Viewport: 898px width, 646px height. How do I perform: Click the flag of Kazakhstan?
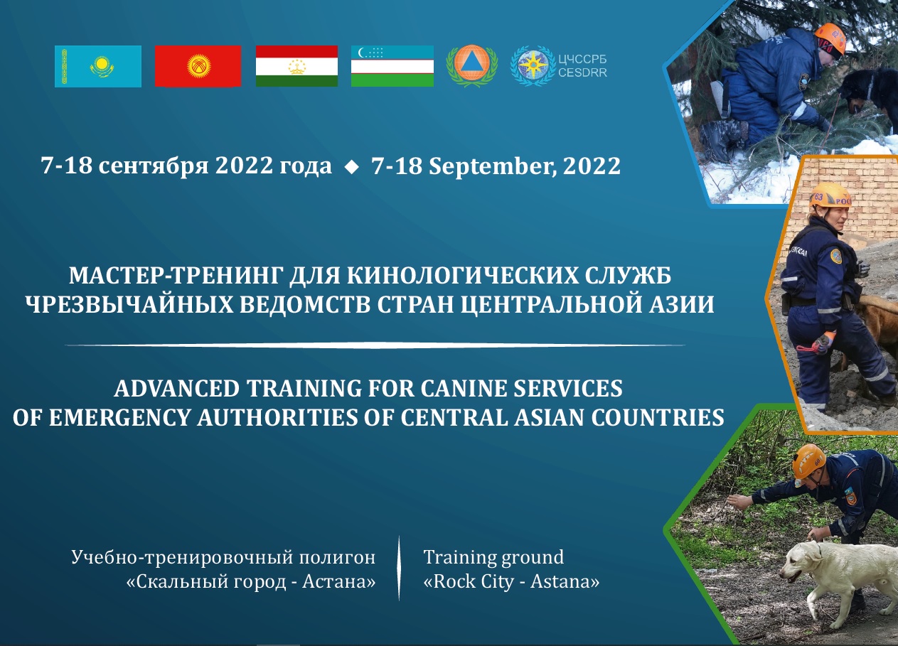click(98, 66)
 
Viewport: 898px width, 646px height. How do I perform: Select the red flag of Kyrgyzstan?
click(198, 66)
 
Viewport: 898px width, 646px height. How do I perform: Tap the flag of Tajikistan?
click(296, 66)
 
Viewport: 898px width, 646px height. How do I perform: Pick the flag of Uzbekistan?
click(392, 66)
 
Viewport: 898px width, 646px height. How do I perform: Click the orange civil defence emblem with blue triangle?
click(471, 66)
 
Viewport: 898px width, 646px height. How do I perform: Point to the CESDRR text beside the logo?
click(583, 72)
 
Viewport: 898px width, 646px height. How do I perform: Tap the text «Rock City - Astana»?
click(511, 582)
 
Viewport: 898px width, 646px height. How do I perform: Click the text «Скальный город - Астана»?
click(250, 582)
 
